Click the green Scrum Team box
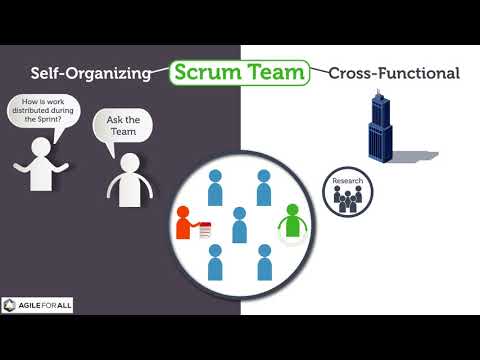tap(239, 72)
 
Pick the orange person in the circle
tap(185, 222)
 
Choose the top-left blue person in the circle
tap(214, 188)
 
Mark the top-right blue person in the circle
tap(264, 188)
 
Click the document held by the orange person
tap(205, 230)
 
